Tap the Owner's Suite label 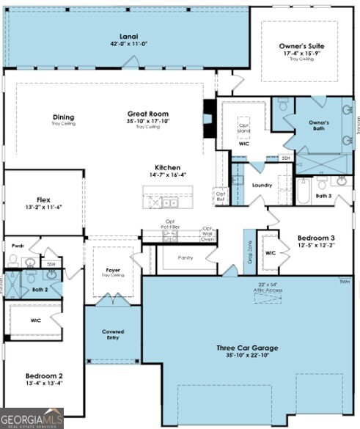(x=301, y=45)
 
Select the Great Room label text (x=148, y=114)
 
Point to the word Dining (x=63, y=117)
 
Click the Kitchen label (x=167, y=167)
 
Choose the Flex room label (x=44, y=199)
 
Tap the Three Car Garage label (x=246, y=348)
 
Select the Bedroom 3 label (x=316, y=238)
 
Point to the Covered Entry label (x=113, y=335)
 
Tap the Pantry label (x=187, y=258)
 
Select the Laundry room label (x=262, y=185)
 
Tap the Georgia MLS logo (x=32, y=418)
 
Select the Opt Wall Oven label (x=207, y=233)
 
